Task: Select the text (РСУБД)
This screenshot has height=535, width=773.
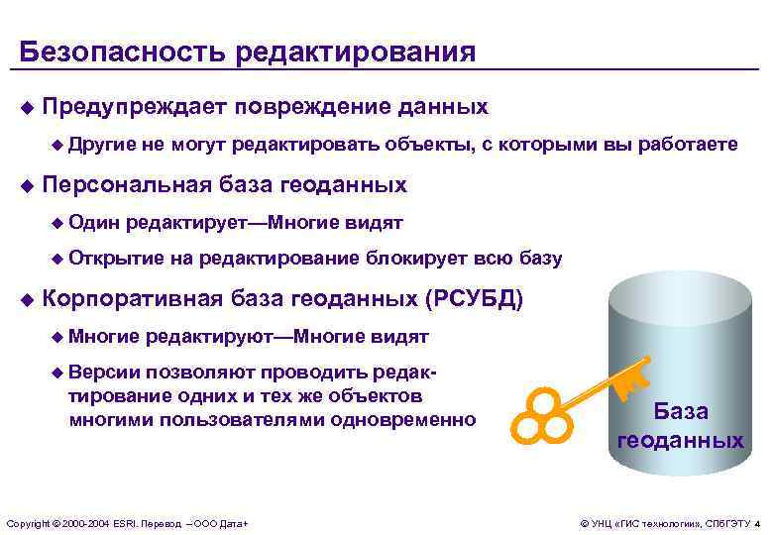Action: tap(473, 298)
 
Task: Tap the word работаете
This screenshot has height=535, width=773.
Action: tap(688, 145)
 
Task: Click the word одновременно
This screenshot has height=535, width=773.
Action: tap(412, 420)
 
